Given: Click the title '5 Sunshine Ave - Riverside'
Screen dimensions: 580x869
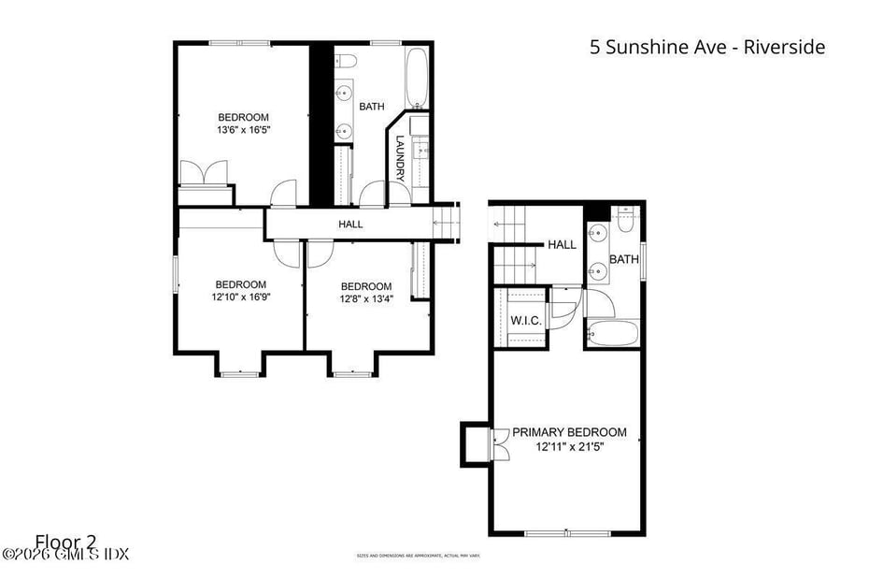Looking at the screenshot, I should (707, 47).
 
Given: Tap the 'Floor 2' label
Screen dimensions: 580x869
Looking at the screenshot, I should (66, 541).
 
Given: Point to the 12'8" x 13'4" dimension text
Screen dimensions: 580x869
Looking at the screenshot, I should (365, 300).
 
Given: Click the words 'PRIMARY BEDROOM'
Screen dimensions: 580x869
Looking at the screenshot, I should (569, 432).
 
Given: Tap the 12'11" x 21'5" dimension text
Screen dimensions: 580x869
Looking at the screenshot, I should (569, 447).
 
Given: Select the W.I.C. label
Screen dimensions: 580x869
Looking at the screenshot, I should (526, 322).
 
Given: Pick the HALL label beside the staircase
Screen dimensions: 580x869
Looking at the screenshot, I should (562, 245).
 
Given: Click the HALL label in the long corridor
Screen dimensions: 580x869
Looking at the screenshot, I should (350, 225).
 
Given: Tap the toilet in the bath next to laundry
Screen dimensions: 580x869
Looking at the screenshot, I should (347, 62).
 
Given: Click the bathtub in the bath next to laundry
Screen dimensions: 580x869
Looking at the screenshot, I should (417, 77).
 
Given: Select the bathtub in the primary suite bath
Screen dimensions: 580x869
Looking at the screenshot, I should (613, 333).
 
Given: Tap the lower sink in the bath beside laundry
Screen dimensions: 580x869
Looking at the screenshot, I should (344, 131).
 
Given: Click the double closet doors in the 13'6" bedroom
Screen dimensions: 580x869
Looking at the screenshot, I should (204, 174).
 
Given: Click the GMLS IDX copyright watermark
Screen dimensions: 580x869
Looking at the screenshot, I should (64, 555).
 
